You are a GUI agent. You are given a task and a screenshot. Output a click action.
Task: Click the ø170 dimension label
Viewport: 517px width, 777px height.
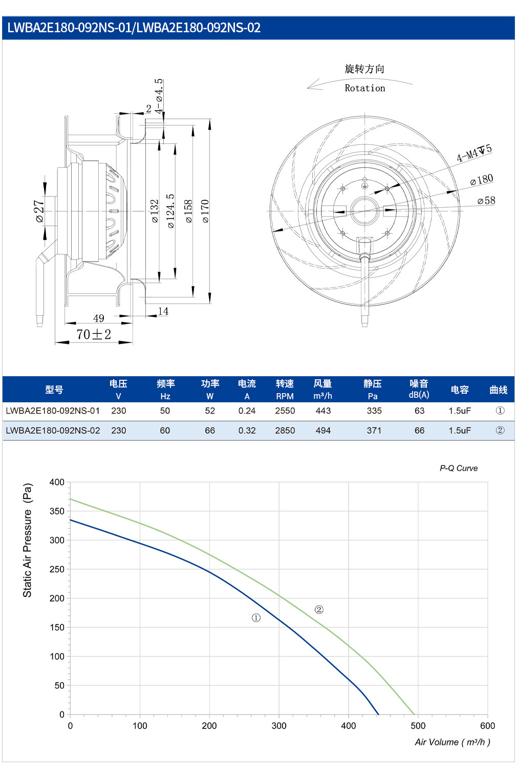pyautogui.click(x=205, y=211)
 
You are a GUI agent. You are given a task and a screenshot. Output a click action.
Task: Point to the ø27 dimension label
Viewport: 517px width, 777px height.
pyautogui.click(x=39, y=211)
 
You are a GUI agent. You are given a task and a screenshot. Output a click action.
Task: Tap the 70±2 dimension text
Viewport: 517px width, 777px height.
pyautogui.click(x=94, y=334)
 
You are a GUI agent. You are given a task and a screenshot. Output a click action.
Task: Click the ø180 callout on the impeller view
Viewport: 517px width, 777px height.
pyautogui.click(x=482, y=179)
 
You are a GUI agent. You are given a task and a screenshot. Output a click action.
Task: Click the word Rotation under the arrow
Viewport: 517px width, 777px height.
pyautogui.click(x=364, y=88)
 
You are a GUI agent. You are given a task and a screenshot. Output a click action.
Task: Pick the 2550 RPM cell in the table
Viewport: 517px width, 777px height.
pyautogui.click(x=285, y=411)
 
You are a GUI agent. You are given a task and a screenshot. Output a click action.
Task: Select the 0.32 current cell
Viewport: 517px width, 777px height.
pyautogui.click(x=247, y=430)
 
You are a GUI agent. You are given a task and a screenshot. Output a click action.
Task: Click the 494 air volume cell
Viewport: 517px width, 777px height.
pyautogui.click(x=323, y=430)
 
